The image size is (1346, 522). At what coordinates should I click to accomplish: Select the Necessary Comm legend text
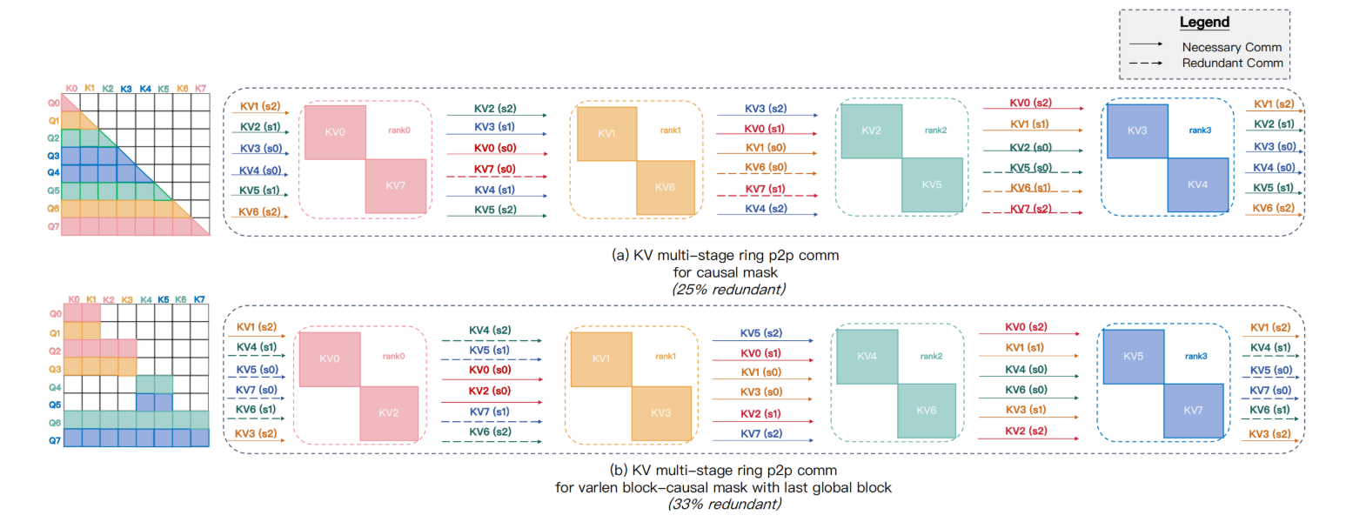[x=1231, y=47]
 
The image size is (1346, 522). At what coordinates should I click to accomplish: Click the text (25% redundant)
[x=728, y=289]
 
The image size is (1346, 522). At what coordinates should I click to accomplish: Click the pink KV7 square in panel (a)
[x=396, y=185]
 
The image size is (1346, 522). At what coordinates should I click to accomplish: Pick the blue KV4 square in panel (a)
[x=1197, y=184]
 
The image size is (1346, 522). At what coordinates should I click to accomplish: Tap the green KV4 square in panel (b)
[x=866, y=358]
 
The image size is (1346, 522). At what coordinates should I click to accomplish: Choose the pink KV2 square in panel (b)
[x=389, y=412]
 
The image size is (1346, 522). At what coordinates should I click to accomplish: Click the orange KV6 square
[x=666, y=186]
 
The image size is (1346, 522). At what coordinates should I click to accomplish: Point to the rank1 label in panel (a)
[x=670, y=130]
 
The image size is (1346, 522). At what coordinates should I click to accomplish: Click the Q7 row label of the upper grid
[x=54, y=226]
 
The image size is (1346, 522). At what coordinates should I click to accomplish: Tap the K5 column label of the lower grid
[x=163, y=300]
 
